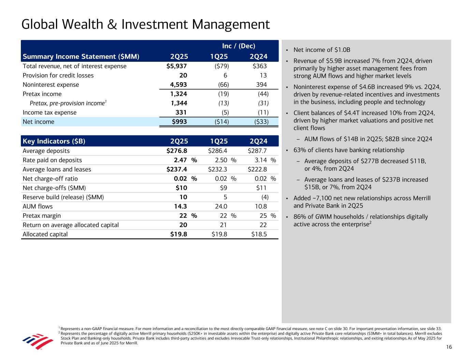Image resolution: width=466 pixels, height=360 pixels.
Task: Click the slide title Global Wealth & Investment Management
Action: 145,25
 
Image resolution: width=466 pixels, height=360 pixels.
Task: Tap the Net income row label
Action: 38,122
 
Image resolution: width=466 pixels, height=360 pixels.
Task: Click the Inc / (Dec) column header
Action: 239,46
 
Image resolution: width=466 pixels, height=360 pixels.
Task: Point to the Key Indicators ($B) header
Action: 54,141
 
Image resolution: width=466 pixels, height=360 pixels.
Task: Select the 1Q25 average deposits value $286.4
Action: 217,151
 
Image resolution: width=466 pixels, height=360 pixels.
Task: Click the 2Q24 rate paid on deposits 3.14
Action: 261,160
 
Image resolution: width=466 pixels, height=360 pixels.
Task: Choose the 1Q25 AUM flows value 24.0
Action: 221,206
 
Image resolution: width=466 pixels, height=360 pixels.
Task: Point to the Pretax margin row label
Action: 42,216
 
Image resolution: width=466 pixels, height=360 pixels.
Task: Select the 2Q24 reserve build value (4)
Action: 265,197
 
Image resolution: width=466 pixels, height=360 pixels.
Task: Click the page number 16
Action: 449,347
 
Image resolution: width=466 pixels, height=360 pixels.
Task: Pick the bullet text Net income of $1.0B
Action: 322,50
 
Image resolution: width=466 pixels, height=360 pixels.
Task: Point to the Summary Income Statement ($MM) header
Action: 81,57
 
